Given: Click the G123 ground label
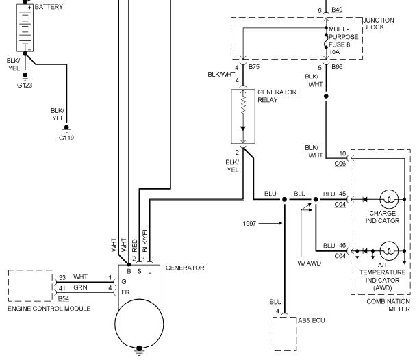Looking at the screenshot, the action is click(x=25, y=86).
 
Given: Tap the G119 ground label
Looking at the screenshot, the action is click(x=66, y=138).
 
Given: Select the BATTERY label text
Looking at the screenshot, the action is click(x=49, y=7).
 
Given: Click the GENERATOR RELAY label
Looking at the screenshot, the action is click(x=277, y=96).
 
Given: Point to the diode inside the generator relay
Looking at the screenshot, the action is click(x=243, y=129).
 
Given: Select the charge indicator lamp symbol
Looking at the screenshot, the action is click(x=389, y=199).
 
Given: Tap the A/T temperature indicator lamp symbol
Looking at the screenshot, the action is click(x=389, y=250).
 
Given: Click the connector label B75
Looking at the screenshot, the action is click(x=254, y=67).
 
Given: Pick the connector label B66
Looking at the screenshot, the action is click(x=337, y=67).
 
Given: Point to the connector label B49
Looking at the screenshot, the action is click(x=337, y=10).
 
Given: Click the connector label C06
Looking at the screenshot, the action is click(x=340, y=164).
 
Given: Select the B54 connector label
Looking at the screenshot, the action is click(x=64, y=298).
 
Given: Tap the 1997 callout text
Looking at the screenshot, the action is click(x=249, y=224).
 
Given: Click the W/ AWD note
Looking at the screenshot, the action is click(x=309, y=263).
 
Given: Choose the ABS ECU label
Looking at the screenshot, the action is click(x=312, y=321).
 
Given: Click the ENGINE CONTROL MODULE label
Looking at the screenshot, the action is click(x=49, y=309).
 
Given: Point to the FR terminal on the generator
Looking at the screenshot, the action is click(x=125, y=292).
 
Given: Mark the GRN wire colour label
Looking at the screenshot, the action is click(x=80, y=287).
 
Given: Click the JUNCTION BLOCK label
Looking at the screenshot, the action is click(x=379, y=24).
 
